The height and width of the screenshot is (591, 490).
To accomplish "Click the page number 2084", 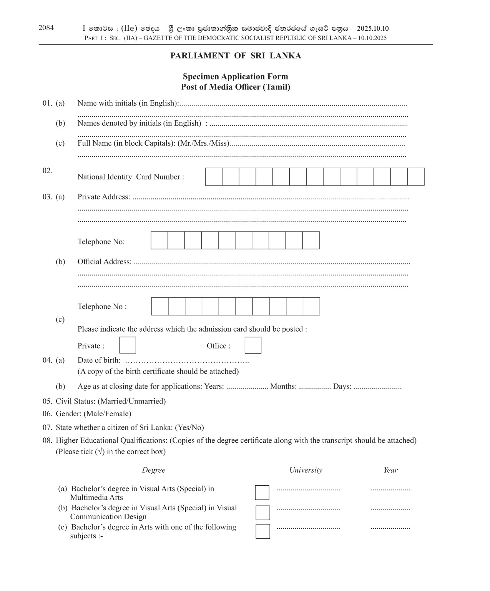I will [46, 28].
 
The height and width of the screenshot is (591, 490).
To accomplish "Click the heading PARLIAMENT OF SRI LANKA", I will [236, 56].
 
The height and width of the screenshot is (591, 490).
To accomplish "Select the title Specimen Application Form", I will [235, 76].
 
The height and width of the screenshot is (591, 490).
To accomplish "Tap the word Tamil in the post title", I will [276, 87].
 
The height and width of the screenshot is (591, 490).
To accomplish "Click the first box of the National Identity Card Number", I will [214, 177].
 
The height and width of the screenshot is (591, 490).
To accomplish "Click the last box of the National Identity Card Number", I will [416, 177].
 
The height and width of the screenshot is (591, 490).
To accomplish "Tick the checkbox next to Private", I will [128, 345].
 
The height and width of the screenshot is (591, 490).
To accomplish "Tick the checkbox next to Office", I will [253, 345].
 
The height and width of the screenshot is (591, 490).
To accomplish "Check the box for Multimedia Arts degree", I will [262, 492].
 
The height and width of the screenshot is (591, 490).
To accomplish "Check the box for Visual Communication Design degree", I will [262, 512].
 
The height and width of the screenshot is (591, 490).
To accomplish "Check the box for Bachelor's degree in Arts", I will [262, 531].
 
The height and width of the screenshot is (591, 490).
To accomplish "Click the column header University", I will [306, 470].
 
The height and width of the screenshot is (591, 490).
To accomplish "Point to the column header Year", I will [390, 470].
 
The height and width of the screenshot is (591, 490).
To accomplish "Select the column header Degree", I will [153, 470].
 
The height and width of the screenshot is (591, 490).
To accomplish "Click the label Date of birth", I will [99, 360].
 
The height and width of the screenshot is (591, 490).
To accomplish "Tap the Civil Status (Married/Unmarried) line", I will [111, 401].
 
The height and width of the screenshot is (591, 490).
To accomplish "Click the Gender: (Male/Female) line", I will [93, 414].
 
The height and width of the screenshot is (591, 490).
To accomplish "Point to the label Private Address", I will [103, 197].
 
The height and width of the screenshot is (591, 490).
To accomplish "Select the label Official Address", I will [104, 262].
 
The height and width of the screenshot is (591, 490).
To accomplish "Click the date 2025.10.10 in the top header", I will [372, 28].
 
